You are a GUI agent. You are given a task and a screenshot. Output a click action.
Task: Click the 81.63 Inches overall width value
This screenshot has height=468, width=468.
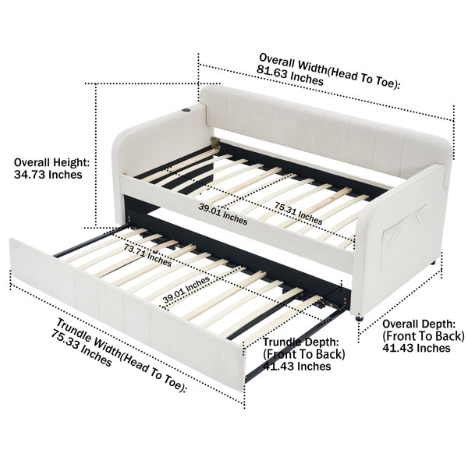(290, 76)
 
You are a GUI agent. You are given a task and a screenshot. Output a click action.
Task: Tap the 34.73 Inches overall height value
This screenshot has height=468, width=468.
(48, 174)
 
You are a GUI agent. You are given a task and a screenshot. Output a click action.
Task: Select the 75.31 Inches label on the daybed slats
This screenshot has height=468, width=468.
(299, 213)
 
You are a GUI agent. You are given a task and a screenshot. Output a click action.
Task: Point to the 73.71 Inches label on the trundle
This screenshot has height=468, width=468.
(147, 255)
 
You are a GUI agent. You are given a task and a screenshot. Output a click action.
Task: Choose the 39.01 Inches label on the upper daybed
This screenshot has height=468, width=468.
(223, 214)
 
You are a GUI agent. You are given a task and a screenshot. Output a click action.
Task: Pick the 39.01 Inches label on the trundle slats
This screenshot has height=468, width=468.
(186, 290)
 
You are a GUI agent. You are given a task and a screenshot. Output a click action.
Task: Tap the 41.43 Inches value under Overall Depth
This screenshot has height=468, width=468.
(417, 348)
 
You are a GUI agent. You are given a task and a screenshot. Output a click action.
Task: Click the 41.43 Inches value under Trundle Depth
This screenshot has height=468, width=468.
(297, 367)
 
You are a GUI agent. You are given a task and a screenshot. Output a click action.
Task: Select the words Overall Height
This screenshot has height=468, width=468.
(51, 163)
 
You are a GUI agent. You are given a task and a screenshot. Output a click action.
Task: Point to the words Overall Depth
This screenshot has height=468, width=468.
(419, 324)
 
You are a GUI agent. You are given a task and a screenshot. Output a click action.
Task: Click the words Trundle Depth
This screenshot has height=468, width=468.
(301, 342)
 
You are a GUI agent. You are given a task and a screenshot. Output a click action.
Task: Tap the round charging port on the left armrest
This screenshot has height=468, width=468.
(185, 110)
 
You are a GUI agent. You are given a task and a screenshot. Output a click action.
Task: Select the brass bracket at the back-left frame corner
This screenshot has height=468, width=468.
(214, 143)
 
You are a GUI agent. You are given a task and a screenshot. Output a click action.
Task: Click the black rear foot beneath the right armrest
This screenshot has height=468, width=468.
(434, 263)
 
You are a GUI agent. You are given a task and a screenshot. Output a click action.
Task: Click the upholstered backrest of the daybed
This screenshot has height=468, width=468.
(325, 131)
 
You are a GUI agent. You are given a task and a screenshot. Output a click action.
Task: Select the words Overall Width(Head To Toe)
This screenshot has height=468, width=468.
(329, 71)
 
